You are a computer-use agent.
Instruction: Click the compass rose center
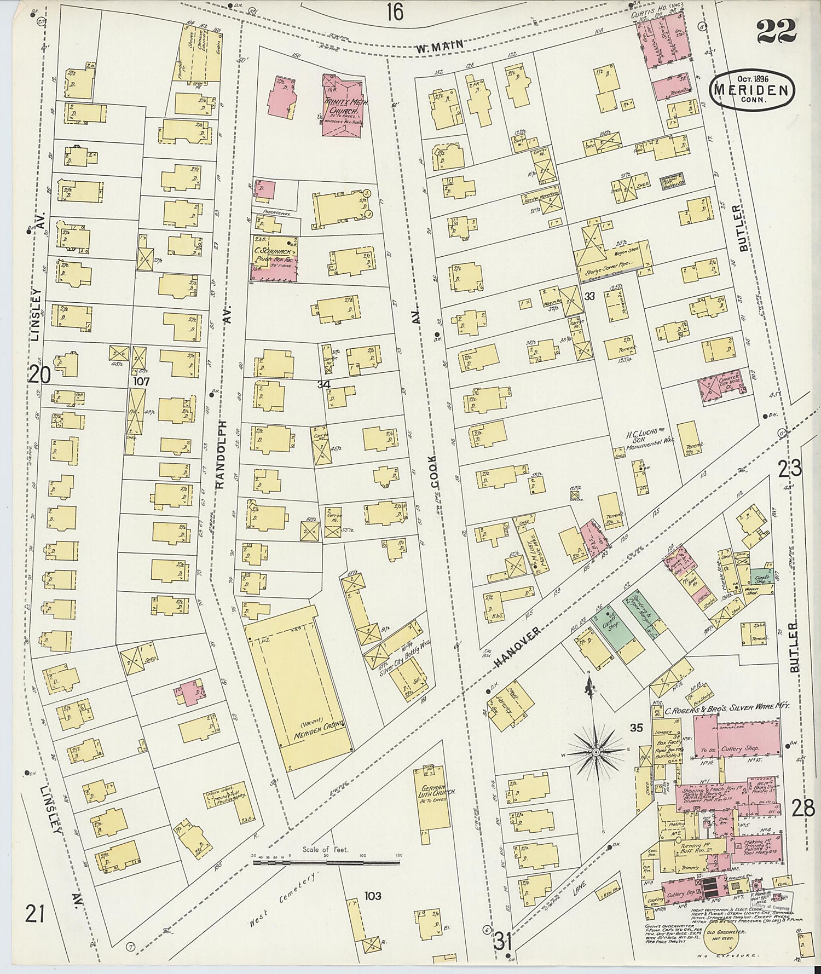tap(595, 753)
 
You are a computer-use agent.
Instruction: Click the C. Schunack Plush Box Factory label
tap(274, 258)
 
